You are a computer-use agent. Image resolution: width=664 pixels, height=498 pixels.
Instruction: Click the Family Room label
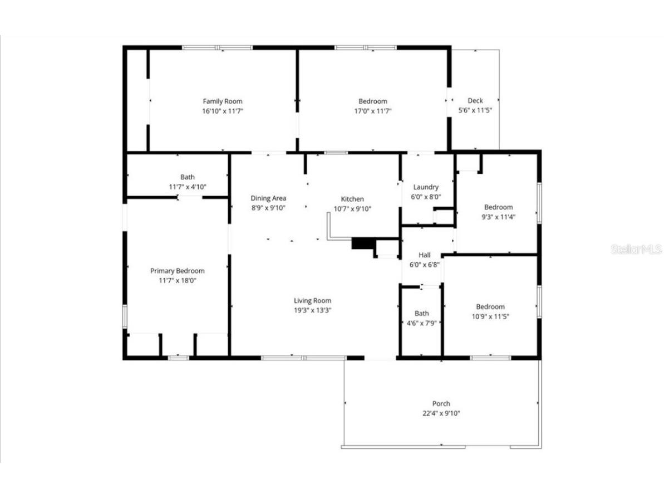pos(222,101)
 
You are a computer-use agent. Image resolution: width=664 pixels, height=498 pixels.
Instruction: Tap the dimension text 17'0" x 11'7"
pos(372,111)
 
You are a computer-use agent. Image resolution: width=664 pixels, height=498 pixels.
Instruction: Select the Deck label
pos(475,101)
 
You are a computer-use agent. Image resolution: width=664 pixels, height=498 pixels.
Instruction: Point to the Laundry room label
pos(426,187)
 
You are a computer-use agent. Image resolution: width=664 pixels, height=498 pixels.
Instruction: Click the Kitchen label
pos(352,199)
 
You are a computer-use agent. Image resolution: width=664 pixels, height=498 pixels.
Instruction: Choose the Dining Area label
pos(268,198)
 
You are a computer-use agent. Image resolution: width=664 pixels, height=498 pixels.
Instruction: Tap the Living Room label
pos(313,301)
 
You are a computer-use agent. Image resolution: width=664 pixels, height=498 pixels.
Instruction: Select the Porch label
pos(441,403)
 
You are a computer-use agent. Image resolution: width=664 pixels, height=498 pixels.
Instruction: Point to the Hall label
pos(424,255)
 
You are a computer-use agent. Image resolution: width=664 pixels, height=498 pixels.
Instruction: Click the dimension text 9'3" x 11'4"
pos(498,217)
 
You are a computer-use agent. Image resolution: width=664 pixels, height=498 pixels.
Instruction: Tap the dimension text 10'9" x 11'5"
pos(490,316)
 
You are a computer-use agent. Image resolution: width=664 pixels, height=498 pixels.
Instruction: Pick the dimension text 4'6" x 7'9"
pos(421,323)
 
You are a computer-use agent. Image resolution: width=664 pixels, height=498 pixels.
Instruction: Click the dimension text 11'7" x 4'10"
pos(188,187)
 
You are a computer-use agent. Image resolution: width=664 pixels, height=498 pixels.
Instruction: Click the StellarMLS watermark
pos(636,249)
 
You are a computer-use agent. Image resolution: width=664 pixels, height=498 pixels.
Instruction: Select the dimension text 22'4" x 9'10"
pos(441,413)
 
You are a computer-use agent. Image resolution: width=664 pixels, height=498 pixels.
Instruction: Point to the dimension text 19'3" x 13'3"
pos(313,310)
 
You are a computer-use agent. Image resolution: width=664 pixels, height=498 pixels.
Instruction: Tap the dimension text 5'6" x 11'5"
pos(475,111)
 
